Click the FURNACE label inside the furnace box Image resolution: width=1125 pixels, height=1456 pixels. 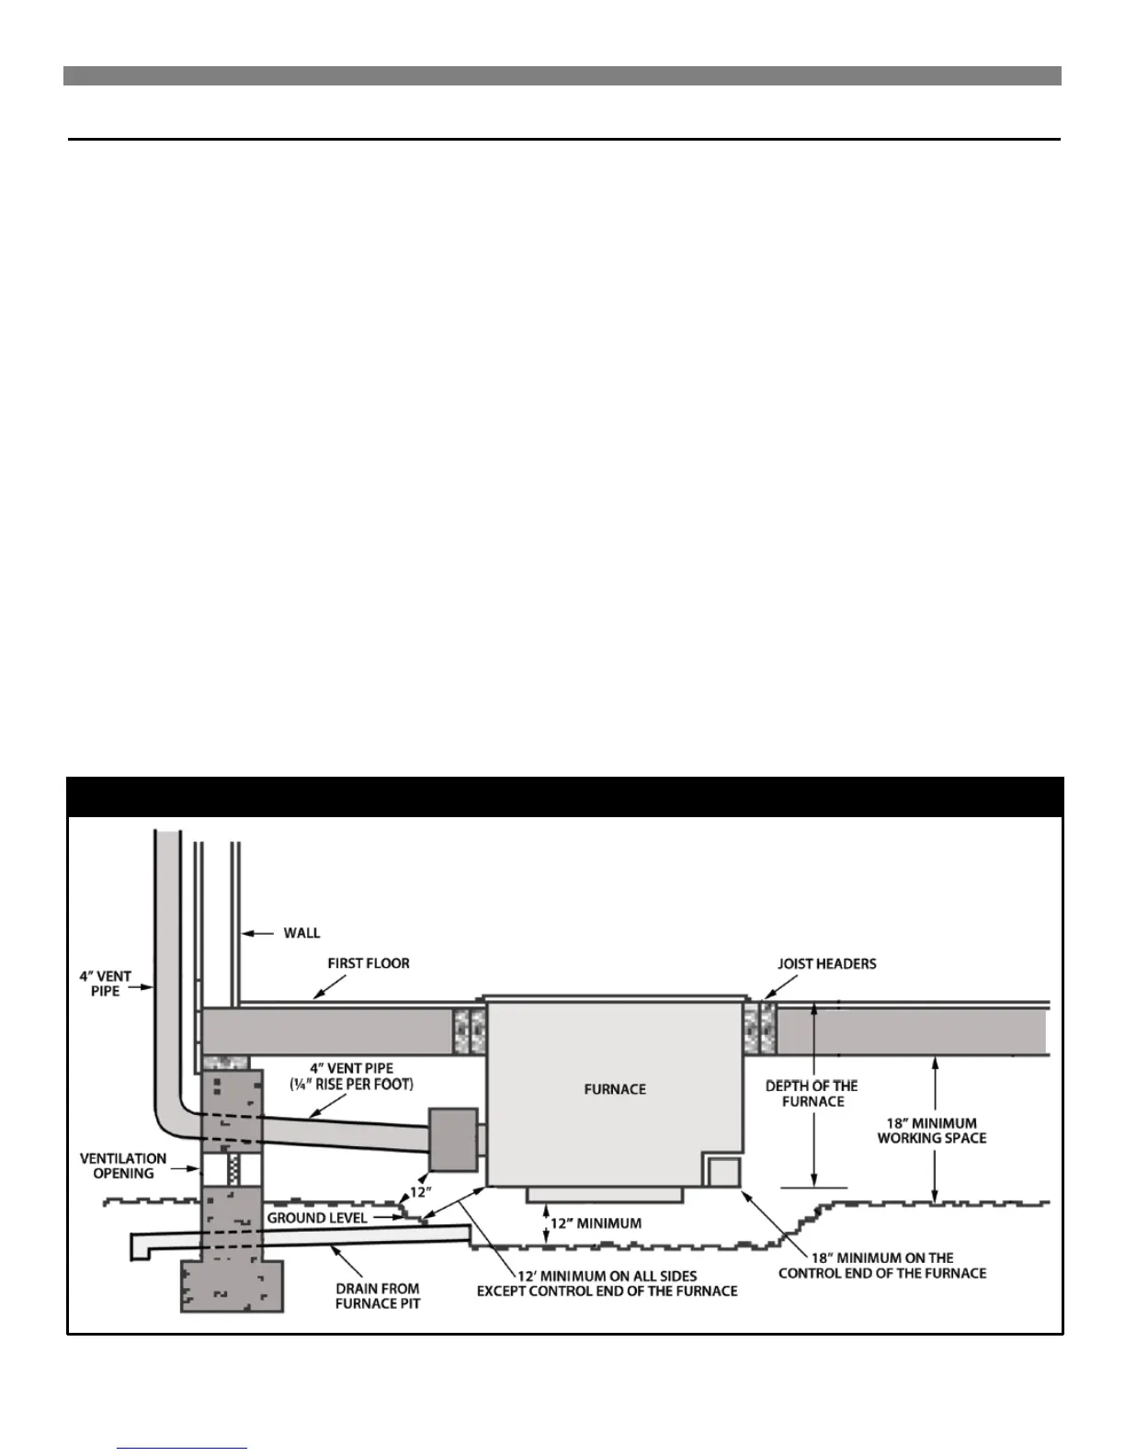tap(615, 1089)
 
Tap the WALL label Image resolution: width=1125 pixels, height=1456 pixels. tap(301, 933)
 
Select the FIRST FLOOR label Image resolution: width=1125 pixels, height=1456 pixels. tap(369, 963)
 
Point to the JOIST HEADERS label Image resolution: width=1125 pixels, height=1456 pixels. tap(827, 964)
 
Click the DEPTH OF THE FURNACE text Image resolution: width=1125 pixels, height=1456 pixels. tap(812, 1094)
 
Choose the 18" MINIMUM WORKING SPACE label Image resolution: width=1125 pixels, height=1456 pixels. tap(932, 1131)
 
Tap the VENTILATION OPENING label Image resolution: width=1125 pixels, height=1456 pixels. tap(123, 1166)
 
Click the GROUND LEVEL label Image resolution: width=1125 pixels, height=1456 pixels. tap(317, 1218)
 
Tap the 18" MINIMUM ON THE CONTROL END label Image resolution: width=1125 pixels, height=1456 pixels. tap(882, 1266)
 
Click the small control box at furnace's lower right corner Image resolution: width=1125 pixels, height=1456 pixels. tap(722, 1172)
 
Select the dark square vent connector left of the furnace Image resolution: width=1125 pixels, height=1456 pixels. tap(452, 1140)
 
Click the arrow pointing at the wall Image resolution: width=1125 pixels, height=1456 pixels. tap(258, 934)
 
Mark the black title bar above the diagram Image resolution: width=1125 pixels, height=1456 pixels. tap(564, 797)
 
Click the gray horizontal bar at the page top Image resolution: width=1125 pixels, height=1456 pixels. tap(562, 75)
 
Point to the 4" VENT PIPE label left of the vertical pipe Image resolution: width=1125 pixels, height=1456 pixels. tap(105, 984)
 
